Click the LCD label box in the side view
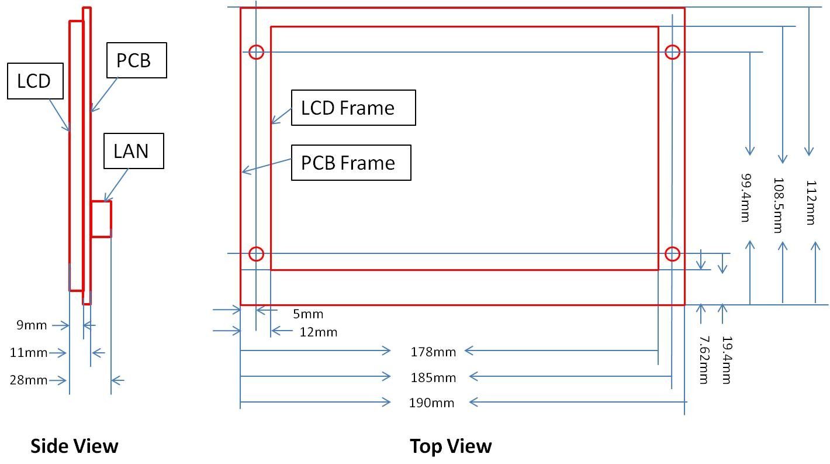point(35,81)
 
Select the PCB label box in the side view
point(137,60)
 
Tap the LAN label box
point(134,151)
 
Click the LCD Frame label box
point(354,108)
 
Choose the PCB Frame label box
point(351,163)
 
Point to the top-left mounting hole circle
point(257,45)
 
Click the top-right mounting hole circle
point(673,45)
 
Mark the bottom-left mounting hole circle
point(257,247)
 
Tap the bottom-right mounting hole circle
point(673,247)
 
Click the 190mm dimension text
point(432,403)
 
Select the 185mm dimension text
point(433,377)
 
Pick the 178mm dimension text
point(433,352)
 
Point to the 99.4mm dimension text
point(745,198)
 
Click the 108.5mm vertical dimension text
point(778,205)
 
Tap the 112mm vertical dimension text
point(811,202)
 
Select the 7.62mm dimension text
point(704,360)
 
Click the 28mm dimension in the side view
point(29,380)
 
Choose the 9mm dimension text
point(32,325)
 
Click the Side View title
point(74,446)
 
